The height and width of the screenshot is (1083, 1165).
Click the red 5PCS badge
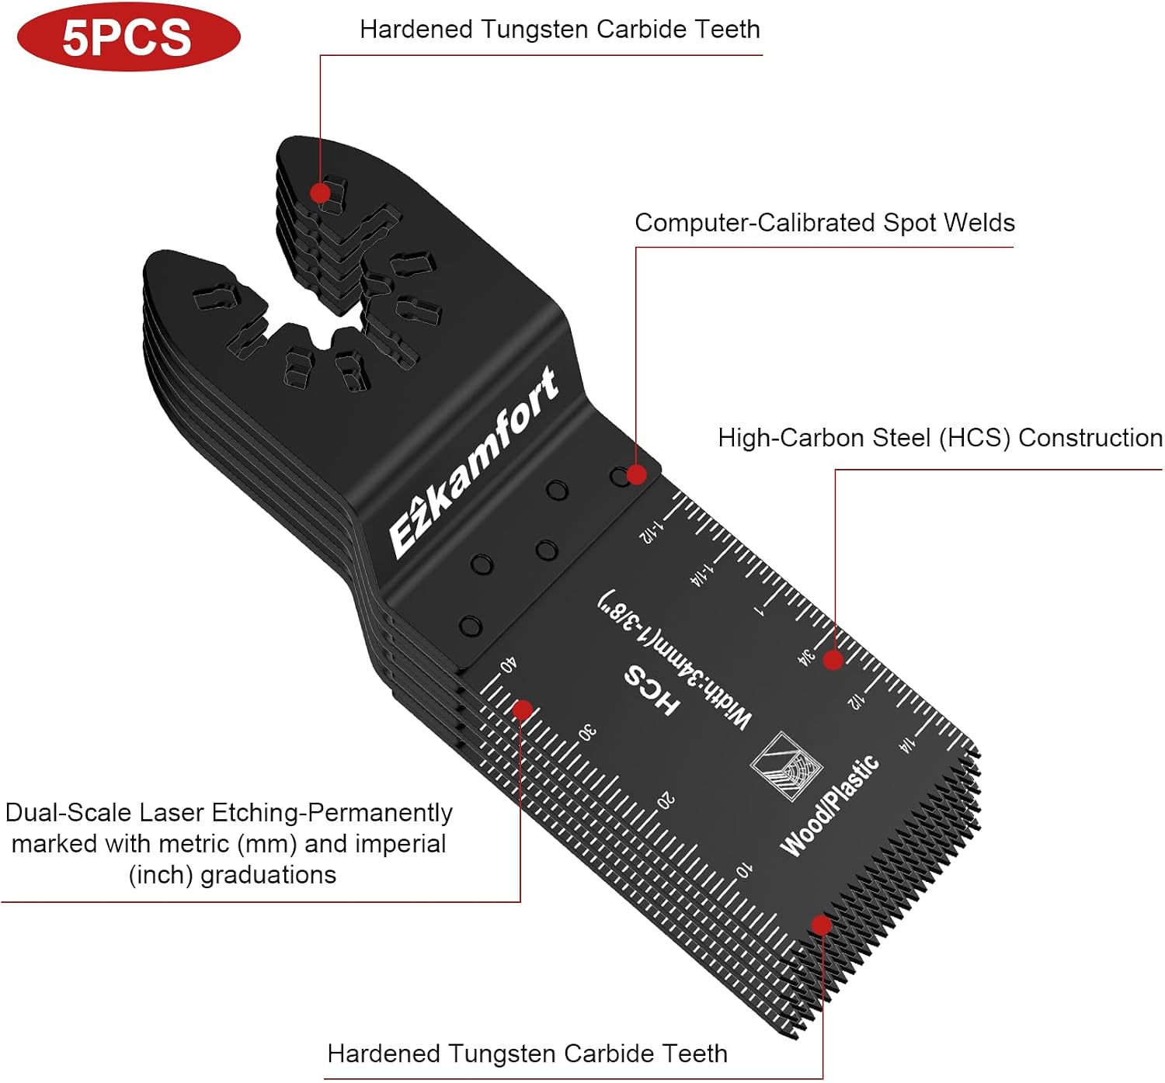[128, 36]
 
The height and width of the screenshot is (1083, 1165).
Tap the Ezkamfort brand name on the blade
[474, 462]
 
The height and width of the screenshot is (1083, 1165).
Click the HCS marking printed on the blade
[652, 690]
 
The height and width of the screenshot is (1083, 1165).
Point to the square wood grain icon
[786, 766]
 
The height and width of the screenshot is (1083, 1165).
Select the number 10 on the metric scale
[743, 870]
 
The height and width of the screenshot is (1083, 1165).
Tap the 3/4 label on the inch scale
[807, 658]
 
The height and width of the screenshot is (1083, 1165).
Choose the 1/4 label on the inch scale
[907, 745]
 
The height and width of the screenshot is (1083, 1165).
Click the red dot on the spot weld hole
[636, 474]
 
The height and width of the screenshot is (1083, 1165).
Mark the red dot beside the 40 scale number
[523, 710]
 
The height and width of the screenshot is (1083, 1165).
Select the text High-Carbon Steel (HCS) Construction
[941, 438]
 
